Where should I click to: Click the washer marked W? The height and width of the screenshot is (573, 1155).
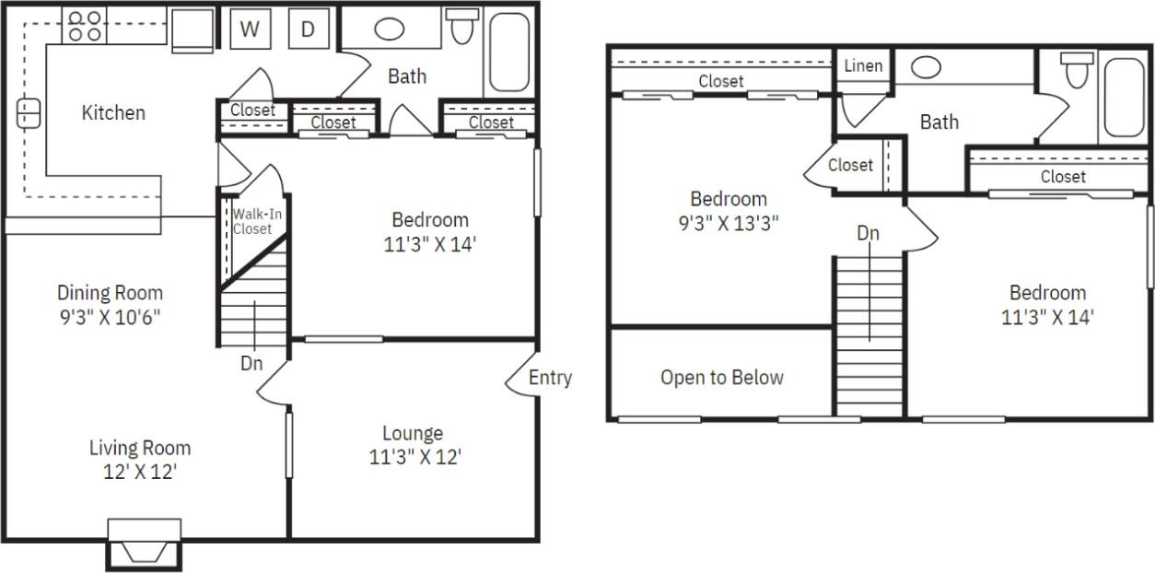coord(249,29)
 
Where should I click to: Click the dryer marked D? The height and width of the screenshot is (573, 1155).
coord(308,29)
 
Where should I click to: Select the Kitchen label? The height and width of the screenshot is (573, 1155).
coord(113,112)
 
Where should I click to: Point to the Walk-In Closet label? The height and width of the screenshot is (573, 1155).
coord(251,221)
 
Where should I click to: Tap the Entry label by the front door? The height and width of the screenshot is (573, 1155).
coord(550,377)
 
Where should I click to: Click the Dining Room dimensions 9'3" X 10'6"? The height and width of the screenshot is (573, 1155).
coord(110,316)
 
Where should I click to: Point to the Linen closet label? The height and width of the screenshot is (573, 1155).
coord(863,65)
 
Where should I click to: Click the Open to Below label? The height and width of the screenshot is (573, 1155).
coord(721,377)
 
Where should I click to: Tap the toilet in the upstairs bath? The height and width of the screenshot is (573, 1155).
coord(1075,70)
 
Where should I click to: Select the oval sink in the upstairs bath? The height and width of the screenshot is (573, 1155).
coord(926,67)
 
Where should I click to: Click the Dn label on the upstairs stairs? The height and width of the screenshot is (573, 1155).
coord(868,233)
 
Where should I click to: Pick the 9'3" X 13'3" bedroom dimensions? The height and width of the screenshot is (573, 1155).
coord(728,222)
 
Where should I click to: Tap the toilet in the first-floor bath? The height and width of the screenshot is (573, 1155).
coord(462,28)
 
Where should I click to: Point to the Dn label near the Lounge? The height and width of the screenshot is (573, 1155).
coord(251,363)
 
